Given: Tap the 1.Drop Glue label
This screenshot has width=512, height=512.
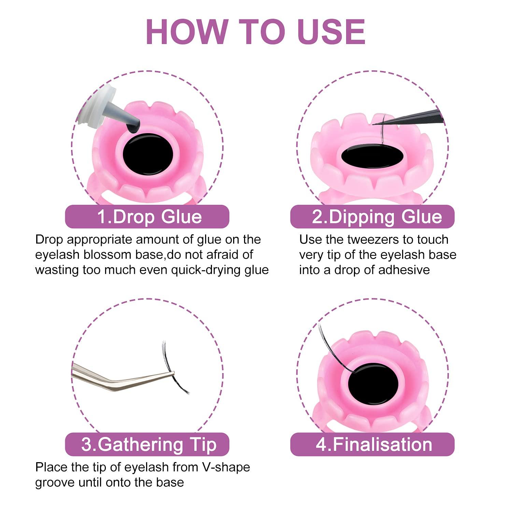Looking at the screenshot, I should point(147,217).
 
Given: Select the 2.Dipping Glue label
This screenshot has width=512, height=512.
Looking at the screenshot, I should point(373,217).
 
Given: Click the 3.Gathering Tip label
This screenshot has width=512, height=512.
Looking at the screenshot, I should point(147,444).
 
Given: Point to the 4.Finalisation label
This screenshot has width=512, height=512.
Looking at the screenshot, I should point(373,444).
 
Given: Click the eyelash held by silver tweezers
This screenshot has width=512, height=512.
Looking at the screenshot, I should point(171,369).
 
